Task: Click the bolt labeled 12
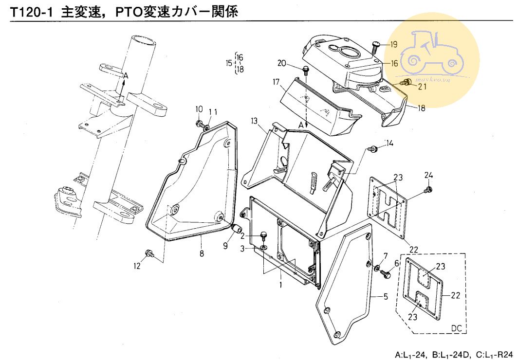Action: coord(149,253)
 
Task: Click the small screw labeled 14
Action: coord(373,148)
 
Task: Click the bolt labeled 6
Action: coord(388,275)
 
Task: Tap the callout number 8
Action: coord(201,253)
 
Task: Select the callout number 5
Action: coord(386,296)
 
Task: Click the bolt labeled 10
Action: coord(200,124)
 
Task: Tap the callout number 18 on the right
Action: coord(421,108)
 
